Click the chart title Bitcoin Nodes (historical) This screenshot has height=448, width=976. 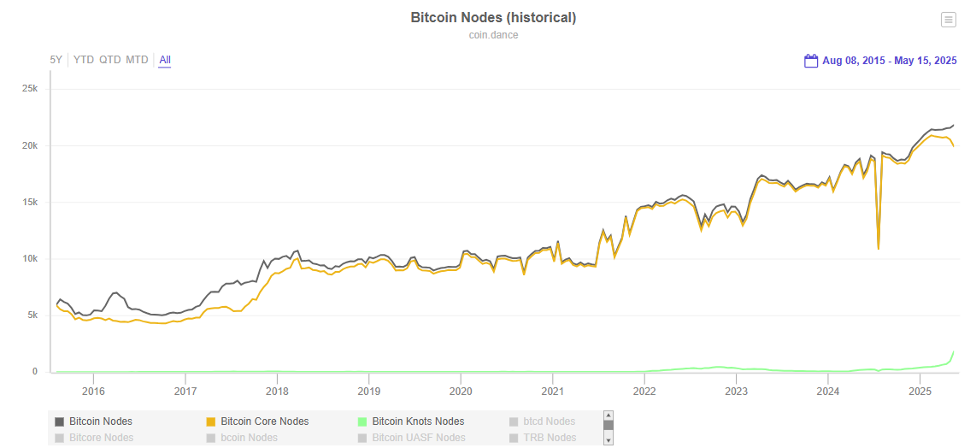tap(493, 18)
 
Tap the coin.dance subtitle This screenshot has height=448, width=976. tap(493, 35)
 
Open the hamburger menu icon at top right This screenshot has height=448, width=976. tap(948, 20)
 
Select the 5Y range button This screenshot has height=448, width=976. tap(56, 60)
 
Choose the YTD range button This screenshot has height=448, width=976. tap(84, 60)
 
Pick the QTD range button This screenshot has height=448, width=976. tap(109, 60)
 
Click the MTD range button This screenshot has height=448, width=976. tap(137, 60)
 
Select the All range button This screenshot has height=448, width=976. tap(165, 60)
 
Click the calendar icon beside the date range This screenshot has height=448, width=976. tap(811, 61)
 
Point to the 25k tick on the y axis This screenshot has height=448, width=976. tap(30, 89)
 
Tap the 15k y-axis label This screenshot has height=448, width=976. tap(30, 203)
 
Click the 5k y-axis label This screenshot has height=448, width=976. tap(32, 315)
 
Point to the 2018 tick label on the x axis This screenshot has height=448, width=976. tap(277, 391)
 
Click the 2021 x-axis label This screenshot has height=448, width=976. tap(553, 391)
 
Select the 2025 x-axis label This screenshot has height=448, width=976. tap(920, 391)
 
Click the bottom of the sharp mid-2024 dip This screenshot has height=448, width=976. tap(879, 248)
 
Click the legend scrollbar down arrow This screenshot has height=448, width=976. tap(609, 439)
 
